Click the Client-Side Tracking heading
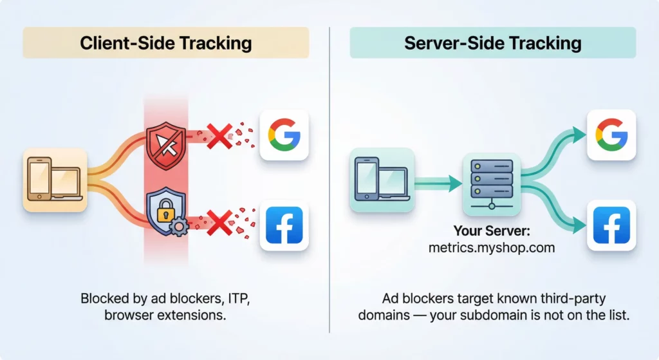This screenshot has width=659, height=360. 165,43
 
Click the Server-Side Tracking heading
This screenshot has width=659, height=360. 492,43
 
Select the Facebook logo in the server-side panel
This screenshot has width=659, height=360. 611,225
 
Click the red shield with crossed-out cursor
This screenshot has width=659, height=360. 165,143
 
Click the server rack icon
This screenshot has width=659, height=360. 491,182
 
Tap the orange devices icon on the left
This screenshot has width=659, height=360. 55,180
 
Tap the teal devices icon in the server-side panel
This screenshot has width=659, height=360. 381,180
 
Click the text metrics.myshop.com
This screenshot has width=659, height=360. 491,247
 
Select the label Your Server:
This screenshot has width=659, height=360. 491,231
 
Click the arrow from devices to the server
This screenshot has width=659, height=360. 438,184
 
